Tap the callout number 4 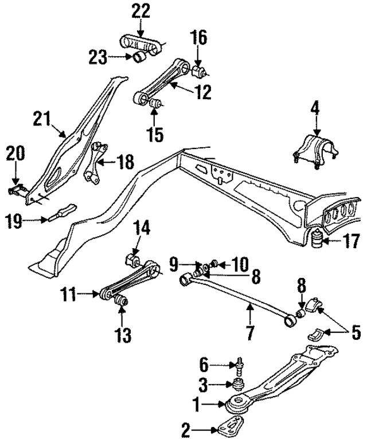(315, 107)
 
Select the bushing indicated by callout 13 (121, 300)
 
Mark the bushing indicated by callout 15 (154, 104)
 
